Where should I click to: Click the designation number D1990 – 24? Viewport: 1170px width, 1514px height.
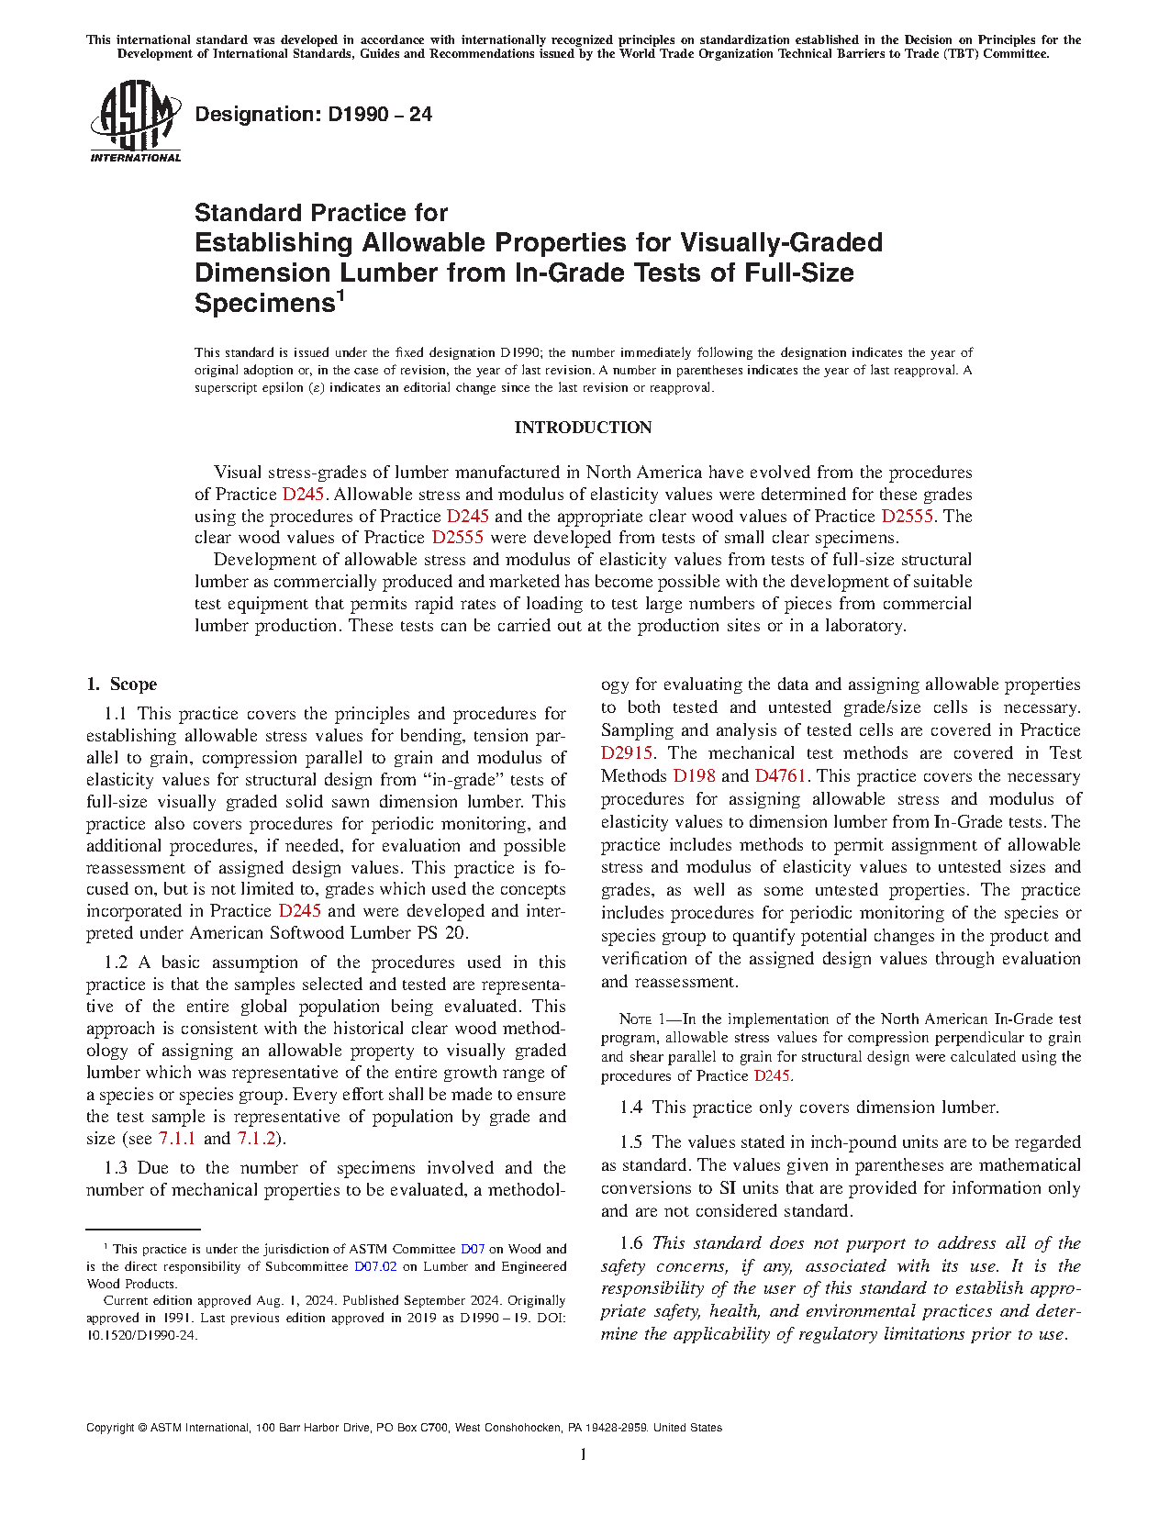[313, 115]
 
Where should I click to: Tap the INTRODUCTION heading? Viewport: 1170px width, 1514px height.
[583, 428]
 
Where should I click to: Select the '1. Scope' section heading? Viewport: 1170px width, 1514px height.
[121, 685]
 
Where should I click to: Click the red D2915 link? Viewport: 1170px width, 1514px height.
[627, 753]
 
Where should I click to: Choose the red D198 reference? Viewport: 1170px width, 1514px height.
[694, 776]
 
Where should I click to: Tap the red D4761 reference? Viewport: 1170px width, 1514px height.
[780, 776]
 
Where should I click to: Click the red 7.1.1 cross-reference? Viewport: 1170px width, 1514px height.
[176, 1139]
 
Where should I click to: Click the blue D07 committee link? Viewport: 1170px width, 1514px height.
[472, 1249]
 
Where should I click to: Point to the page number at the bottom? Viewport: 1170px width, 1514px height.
[584, 1454]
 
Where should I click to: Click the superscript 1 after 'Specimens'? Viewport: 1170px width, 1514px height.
[340, 295]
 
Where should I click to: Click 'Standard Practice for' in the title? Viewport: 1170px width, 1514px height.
[321, 213]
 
